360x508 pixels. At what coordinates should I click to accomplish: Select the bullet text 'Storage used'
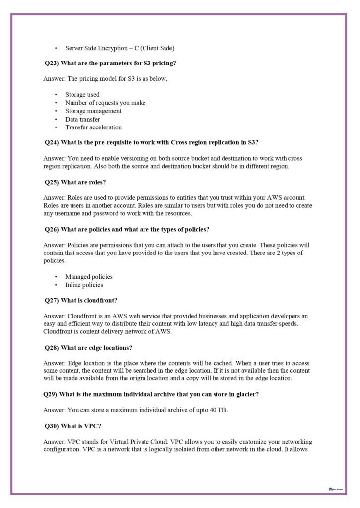tap(82, 94)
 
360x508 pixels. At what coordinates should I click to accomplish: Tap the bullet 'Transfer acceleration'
tap(93, 127)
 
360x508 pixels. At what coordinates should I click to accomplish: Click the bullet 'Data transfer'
tap(82, 119)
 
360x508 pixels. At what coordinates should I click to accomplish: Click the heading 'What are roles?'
tap(83, 182)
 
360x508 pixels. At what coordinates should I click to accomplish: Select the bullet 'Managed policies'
tap(88, 276)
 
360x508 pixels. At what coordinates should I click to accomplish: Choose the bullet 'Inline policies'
tap(84, 285)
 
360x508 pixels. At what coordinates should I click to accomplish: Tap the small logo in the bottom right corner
tap(335, 489)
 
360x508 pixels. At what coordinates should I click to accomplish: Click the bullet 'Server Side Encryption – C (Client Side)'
tap(119, 48)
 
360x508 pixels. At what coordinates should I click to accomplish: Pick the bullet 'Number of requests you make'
tap(105, 103)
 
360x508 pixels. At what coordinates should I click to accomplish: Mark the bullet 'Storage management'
tap(93, 111)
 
